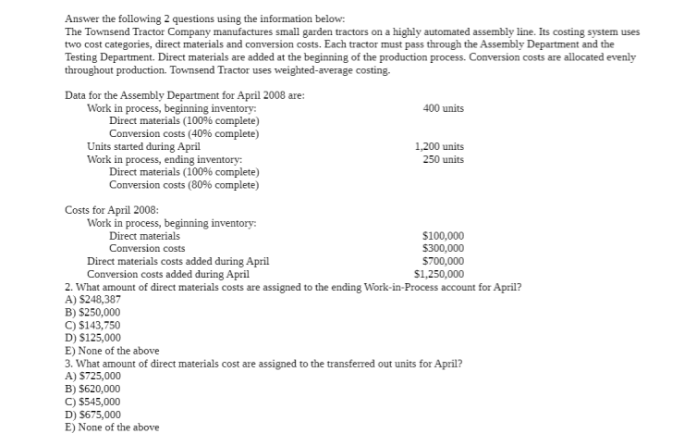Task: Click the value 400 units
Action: tap(443, 108)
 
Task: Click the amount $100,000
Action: tap(443, 236)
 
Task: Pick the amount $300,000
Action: tap(443, 248)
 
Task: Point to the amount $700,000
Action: tap(443, 261)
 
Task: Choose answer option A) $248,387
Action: tap(93, 300)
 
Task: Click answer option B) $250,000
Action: tap(93, 313)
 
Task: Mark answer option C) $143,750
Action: tap(93, 326)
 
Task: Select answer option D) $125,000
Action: tap(93, 338)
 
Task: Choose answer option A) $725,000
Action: tap(93, 377)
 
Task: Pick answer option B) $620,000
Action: tap(93, 390)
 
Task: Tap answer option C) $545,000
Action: tap(93, 402)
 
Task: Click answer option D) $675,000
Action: tap(93, 415)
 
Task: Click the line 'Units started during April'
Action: tap(143, 146)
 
